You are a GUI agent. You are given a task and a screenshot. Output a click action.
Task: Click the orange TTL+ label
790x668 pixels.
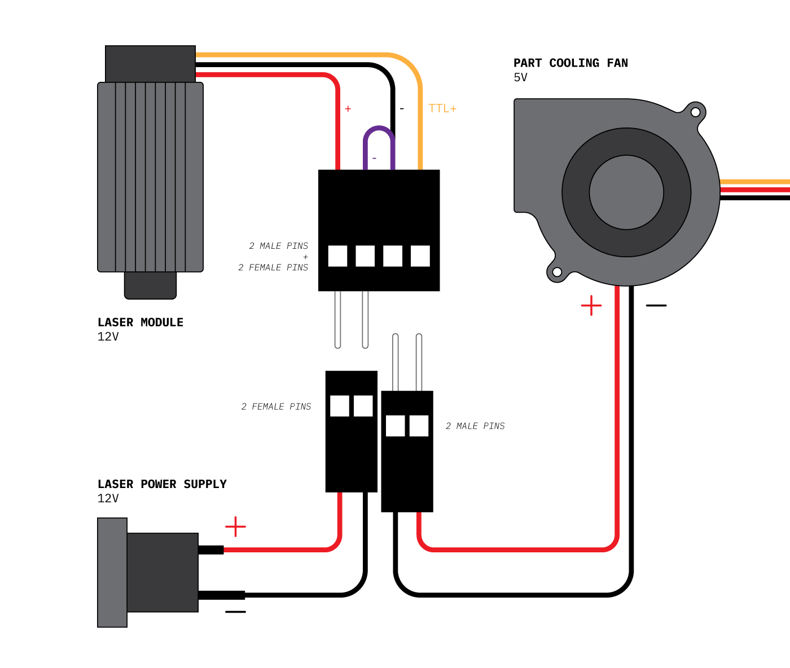click(442, 108)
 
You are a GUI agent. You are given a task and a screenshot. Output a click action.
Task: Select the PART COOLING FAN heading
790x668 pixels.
click(570, 63)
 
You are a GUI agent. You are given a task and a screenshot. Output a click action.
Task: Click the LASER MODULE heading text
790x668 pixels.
click(141, 322)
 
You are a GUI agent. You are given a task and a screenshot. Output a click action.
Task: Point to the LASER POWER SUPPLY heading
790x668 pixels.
click(162, 484)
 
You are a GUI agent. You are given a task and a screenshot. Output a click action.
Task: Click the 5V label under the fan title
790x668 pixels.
click(520, 77)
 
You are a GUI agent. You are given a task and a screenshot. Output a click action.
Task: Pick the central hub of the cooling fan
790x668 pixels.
click(626, 192)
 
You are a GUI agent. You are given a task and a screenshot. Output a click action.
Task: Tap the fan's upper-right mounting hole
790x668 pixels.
click(695, 112)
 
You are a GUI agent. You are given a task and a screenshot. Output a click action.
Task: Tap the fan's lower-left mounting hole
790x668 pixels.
click(557, 273)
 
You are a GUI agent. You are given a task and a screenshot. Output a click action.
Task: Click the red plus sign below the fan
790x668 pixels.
click(591, 305)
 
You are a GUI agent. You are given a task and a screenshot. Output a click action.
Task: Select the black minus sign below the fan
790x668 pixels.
click(656, 305)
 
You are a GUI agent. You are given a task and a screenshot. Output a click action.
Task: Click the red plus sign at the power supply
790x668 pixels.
click(235, 527)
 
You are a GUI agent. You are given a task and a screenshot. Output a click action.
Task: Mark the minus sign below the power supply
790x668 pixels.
click(235, 612)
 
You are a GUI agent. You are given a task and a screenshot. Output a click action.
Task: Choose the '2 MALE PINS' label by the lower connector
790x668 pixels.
click(475, 426)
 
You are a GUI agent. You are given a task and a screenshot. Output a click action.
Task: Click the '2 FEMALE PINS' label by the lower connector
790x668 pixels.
click(276, 406)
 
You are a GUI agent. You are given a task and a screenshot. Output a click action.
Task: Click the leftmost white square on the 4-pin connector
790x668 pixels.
click(337, 256)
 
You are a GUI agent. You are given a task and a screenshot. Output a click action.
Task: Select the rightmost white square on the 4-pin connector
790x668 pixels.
click(420, 256)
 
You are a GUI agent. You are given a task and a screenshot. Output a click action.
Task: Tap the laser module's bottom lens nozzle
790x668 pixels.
click(150, 285)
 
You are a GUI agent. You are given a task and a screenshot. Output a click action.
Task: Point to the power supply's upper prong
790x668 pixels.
click(211, 550)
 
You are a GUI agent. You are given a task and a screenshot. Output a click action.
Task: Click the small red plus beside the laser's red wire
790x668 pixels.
click(348, 109)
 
